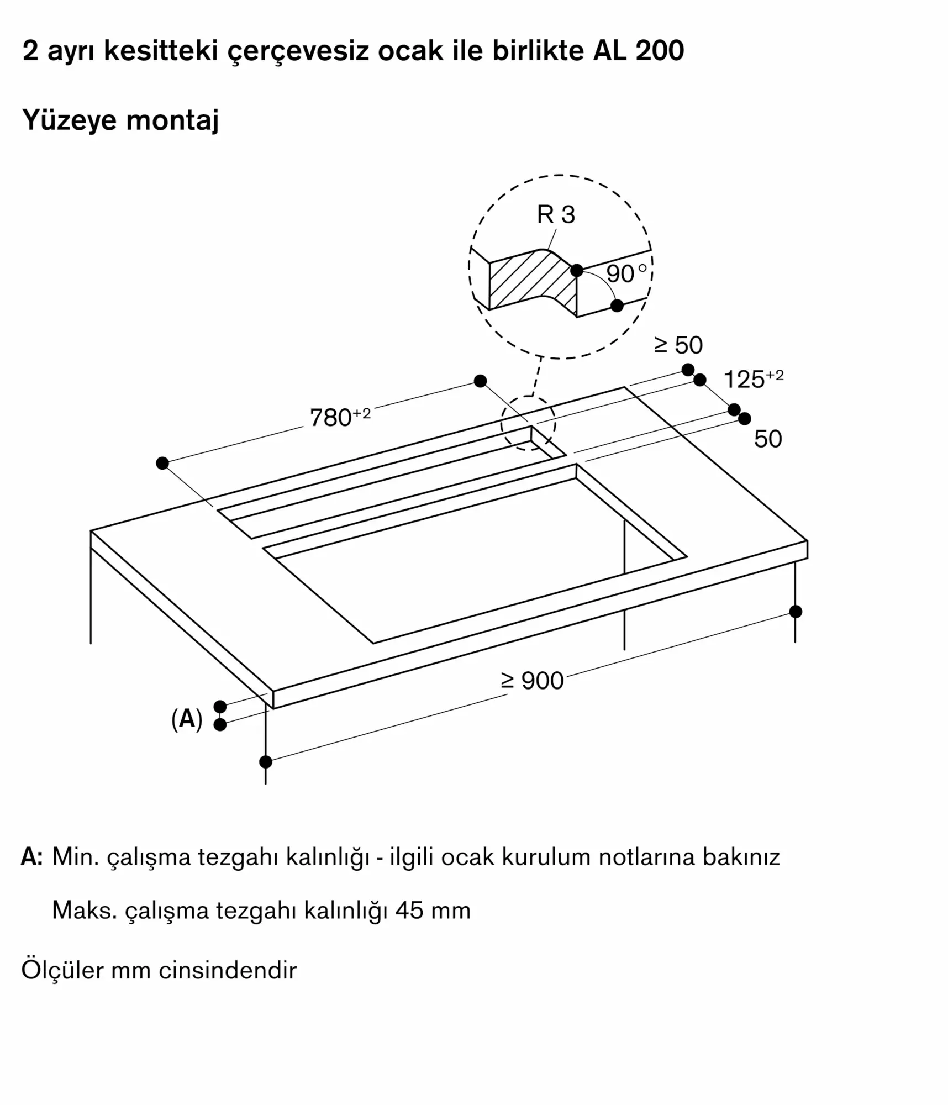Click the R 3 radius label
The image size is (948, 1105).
coord(556,214)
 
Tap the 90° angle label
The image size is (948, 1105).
coord(626,273)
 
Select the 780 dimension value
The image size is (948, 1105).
coord(330,418)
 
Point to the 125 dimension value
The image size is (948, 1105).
coord(744,380)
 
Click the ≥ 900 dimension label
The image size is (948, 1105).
coord(532,681)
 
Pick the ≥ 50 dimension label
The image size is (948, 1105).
coord(678,345)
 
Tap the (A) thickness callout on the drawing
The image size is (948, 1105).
coord(187,719)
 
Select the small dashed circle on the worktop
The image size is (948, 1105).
coord(528,423)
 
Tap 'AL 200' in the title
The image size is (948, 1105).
coord(639,51)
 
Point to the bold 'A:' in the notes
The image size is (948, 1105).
coord(31,856)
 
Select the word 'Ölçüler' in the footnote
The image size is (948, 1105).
coord(62,970)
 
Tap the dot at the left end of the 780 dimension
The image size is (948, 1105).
coord(162,463)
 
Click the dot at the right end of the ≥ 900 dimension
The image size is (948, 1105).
coord(796,612)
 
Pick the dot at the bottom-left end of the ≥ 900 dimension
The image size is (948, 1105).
coord(266,762)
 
